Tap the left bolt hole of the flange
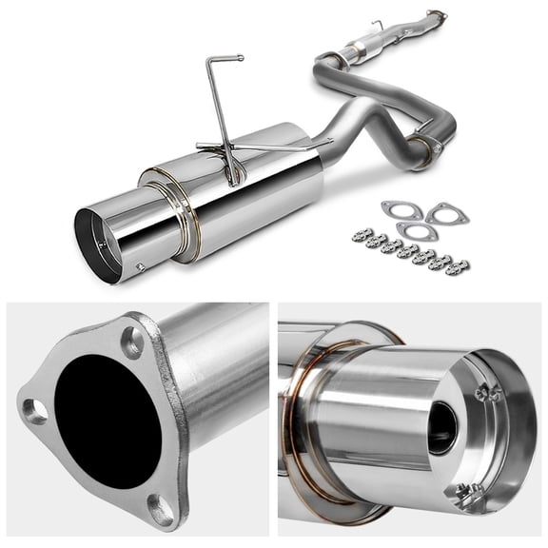35,411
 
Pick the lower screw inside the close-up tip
466,490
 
